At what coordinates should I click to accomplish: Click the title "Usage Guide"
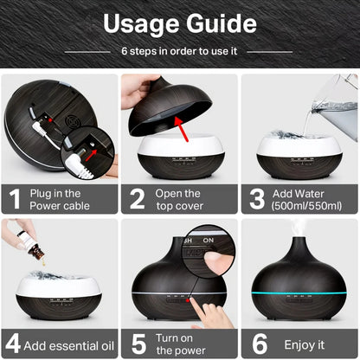pyautogui.click(x=180, y=23)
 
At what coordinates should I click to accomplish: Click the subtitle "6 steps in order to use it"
pyautogui.click(x=180, y=51)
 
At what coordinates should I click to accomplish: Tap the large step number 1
pyautogui.click(x=15, y=198)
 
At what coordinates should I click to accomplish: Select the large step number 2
pyautogui.click(x=137, y=198)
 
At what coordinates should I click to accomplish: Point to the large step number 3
pyautogui.click(x=257, y=198)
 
